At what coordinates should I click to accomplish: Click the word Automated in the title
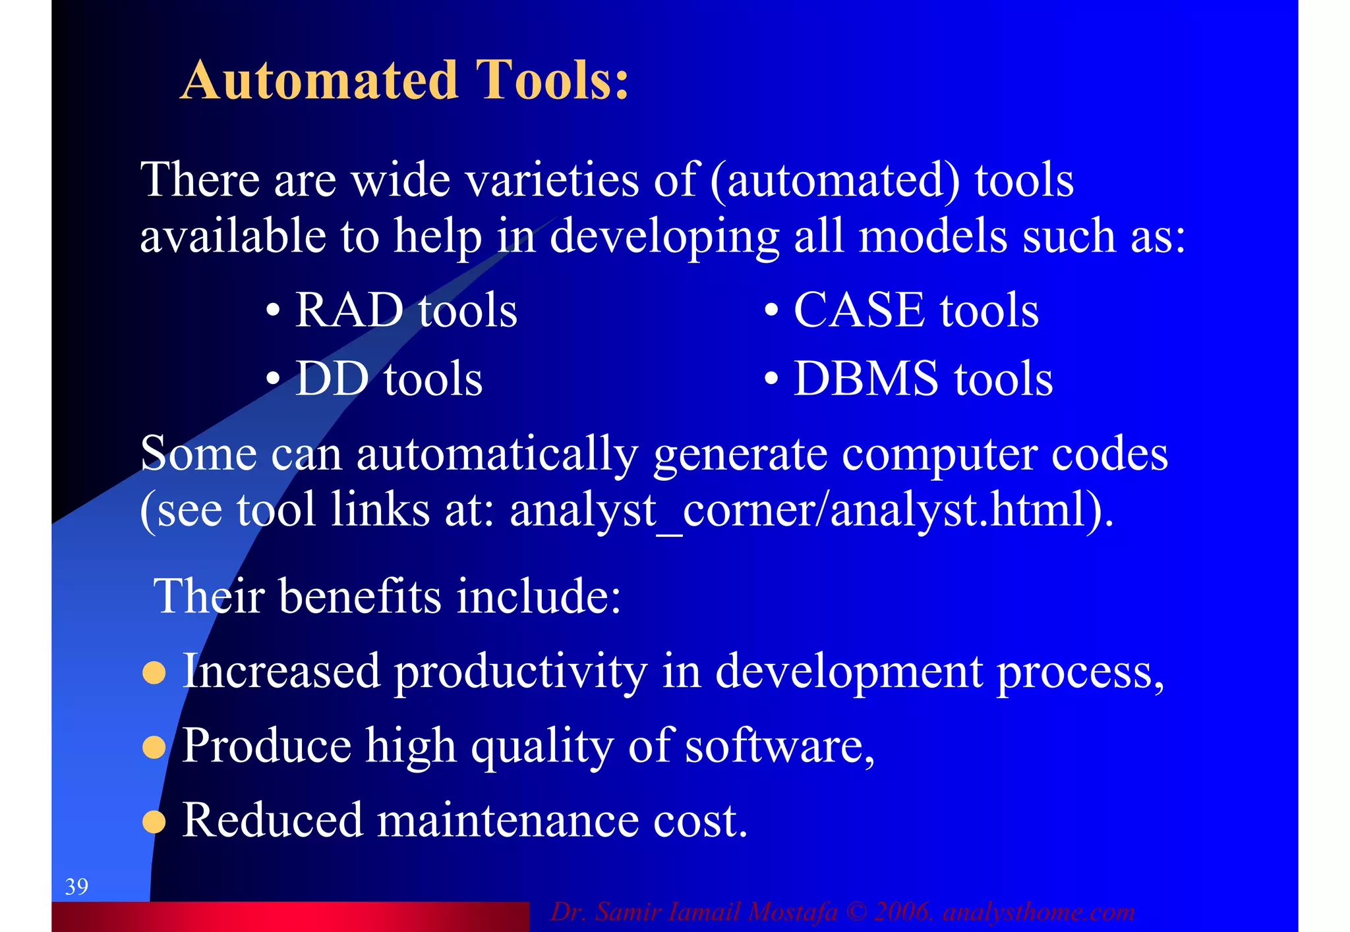pos(319,80)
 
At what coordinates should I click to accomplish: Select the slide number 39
pos(76,887)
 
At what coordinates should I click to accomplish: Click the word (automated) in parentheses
pos(835,180)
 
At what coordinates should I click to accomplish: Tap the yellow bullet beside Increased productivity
pos(154,672)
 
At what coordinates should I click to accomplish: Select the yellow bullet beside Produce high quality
pos(154,747)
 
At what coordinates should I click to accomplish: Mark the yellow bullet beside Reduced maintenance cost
pos(154,821)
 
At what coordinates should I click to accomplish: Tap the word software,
pos(780,746)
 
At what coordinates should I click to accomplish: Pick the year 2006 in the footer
pos(902,912)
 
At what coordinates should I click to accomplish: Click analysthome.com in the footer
pos(1039,912)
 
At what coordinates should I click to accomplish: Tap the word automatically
pos(497,454)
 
